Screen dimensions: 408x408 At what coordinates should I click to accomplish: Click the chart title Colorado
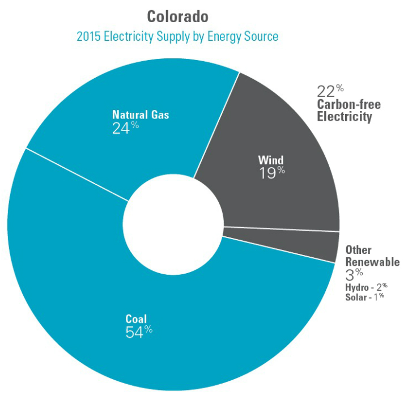177,16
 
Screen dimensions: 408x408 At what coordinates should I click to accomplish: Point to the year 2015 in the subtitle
90,36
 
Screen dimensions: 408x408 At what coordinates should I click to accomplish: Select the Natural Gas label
141,115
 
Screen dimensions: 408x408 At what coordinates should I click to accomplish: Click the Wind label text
271,160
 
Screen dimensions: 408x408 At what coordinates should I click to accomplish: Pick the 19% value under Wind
271,173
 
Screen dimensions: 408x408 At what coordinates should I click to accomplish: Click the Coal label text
135,319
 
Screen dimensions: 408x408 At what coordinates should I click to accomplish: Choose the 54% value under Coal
138,332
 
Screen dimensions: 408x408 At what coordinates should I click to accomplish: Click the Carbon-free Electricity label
348,111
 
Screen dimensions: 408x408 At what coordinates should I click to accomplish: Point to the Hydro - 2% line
365,287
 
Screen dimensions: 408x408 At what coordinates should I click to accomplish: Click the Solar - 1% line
364,297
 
